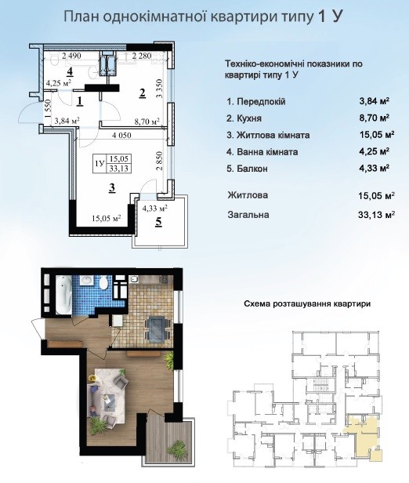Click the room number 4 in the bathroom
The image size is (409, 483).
(x=70, y=72)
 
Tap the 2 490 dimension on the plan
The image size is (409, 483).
(x=71, y=56)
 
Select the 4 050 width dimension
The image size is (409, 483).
(x=121, y=135)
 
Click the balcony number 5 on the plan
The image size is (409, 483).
(x=159, y=222)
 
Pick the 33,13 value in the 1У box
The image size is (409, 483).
(x=119, y=168)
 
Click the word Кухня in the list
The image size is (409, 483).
(x=248, y=118)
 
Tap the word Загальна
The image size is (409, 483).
(x=248, y=214)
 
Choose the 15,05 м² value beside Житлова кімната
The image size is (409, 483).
(x=376, y=135)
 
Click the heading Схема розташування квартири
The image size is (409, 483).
(x=307, y=304)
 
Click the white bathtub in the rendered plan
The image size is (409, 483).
(x=63, y=295)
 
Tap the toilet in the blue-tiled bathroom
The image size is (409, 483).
(x=104, y=283)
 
